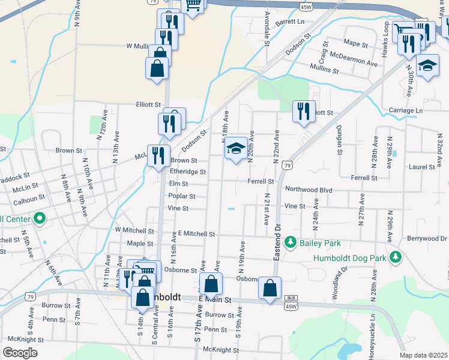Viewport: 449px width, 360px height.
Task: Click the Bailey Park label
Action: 321,243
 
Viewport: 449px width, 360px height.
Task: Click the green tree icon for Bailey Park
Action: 291,242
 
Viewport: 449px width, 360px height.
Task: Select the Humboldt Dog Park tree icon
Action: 396,257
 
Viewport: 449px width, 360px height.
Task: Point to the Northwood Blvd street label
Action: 309,190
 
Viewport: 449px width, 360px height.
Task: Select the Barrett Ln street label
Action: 290,22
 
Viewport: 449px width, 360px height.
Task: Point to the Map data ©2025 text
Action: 423,355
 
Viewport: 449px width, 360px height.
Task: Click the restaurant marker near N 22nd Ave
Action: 303,111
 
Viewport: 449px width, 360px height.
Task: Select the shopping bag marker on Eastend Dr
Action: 270,288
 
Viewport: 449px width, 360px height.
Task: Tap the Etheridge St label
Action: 188,172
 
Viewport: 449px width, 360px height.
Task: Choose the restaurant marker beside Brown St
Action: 158,156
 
